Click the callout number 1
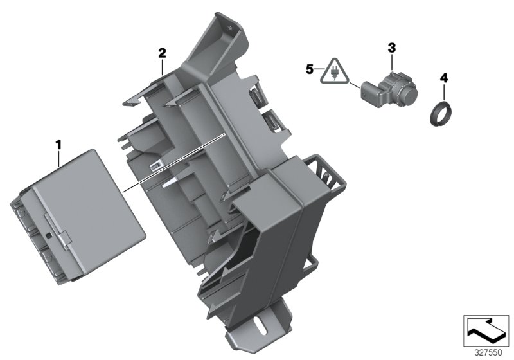pos(58,145)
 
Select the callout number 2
pos(163,53)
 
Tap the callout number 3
pos(392,48)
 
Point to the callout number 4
pos(443,78)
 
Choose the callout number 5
pos(310,69)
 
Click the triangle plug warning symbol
pos(333,72)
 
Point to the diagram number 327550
pos(488,352)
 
